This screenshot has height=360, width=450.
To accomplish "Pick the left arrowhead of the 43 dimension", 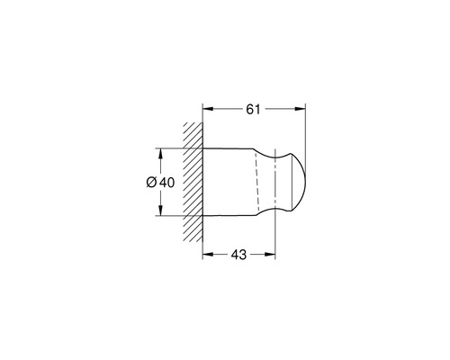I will [x=206, y=255].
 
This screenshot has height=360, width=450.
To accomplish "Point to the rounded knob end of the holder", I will [x=298, y=183].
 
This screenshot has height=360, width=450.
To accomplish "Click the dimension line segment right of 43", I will [x=261, y=255].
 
